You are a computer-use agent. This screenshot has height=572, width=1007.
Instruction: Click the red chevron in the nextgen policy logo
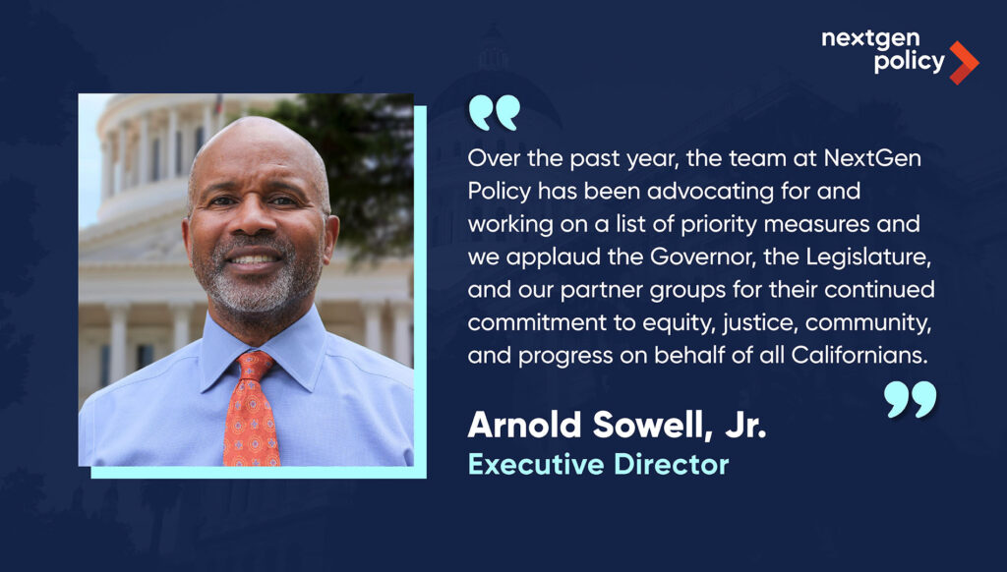tap(964, 63)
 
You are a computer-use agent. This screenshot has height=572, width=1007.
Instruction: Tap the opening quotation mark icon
tap(494, 113)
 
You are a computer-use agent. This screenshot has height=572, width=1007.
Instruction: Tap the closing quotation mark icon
tap(910, 399)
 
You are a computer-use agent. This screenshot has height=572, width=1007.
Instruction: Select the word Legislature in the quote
tap(868, 257)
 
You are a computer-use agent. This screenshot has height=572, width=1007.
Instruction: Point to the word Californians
tap(859, 355)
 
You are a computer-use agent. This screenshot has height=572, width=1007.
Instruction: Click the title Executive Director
tap(599, 464)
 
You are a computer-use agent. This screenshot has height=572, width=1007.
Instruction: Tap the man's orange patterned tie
tap(251, 411)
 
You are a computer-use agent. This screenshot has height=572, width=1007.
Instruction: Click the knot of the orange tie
tap(255, 366)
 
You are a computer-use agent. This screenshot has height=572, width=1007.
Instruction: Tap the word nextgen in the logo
tap(870, 39)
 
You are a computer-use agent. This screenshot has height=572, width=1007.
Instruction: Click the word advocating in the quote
tap(710, 192)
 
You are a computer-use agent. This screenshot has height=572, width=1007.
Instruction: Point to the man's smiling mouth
tap(253, 258)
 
